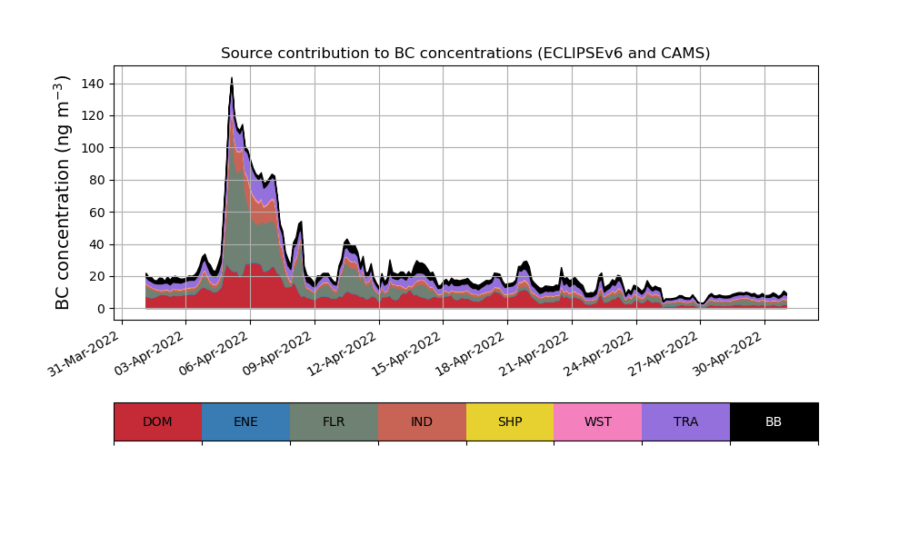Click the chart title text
point(465,54)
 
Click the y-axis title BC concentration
point(63,193)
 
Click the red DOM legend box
point(157,421)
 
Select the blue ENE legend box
point(245,421)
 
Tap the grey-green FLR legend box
point(334,421)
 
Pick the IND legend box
point(422,421)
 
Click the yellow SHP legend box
point(510,421)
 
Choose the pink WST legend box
point(598,421)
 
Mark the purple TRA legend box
point(686,421)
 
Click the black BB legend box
point(774,421)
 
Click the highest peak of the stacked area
point(232,79)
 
